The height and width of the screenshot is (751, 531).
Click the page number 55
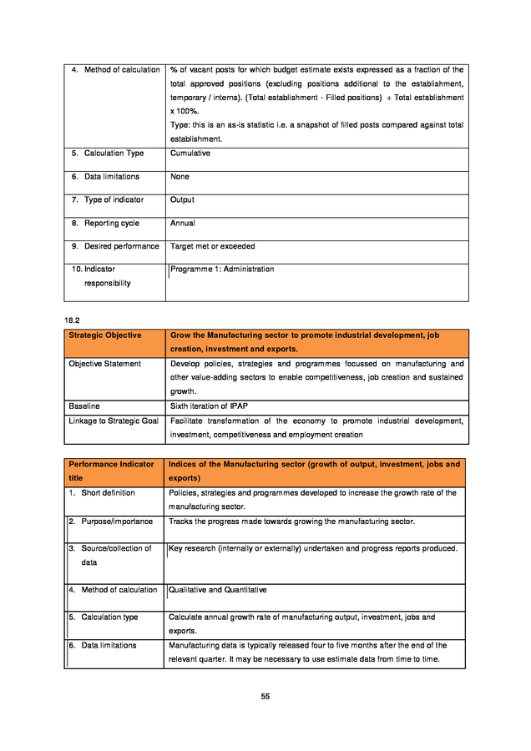point(265,697)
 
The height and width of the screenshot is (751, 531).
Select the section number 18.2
point(72,320)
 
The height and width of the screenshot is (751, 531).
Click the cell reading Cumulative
point(190,154)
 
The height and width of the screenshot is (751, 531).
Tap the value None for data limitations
point(180,177)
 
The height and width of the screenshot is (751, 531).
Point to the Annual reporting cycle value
point(183,224)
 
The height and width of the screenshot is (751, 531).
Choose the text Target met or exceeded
point(213,247)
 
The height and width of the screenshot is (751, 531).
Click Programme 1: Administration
point(222,270)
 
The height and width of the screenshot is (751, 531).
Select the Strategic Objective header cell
point(105,335)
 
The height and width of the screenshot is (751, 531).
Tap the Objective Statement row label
point(105,364)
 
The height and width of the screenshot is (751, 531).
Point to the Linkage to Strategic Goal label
point(114,421)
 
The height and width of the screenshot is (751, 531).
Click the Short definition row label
point(108,493)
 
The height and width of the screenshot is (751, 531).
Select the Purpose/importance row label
point(111,522)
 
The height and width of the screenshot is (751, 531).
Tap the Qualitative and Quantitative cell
point(218,590)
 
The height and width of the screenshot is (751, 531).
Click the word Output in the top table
point(182,200)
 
